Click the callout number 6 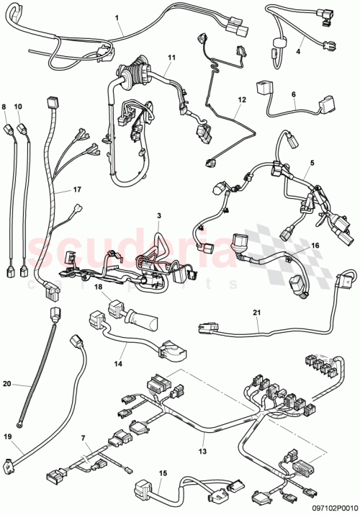pyautogui.click(x=293, y=94)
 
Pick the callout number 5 pyautogui.click(x=312, y=163)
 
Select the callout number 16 pyautogui.click(x=314, y=246)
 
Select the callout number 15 pyautogui.click(x=163, y=473)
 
